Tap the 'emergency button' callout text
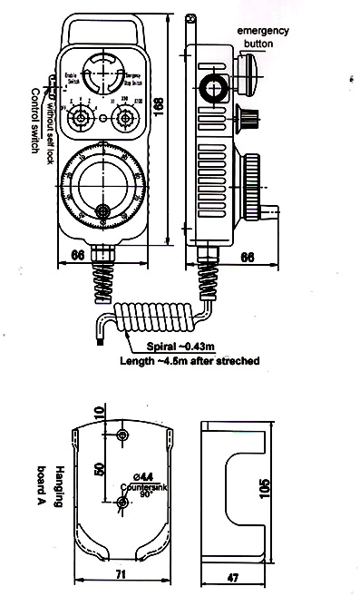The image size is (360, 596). click(x=262, y=36)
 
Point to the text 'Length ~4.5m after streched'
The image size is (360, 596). click(x=190, y=361)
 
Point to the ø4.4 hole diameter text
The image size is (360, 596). click(x=143, y=474)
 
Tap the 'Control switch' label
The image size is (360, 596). click(x=36, y=122)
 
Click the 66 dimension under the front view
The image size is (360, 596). click(x=78, y=256)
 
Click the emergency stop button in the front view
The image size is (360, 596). click(x=102, y=72)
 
